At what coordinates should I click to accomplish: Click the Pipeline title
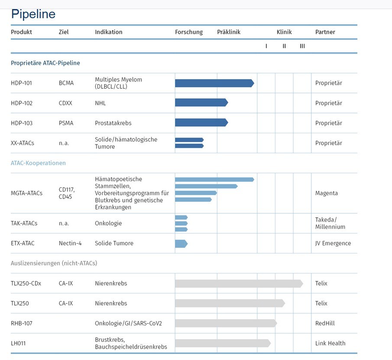(33, 14)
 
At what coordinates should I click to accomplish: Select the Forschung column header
(189, 32)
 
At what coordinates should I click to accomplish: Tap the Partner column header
(325, 32)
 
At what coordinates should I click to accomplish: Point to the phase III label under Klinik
(302, 46)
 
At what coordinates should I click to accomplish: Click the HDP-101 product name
(22, 83)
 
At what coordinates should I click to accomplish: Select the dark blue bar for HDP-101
(214, 83)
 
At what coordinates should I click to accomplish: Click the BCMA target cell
(66, 83)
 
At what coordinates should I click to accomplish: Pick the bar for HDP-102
(201, 103)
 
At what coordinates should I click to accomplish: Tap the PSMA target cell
(66, 123)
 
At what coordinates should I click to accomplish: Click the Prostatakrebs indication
(113, 123)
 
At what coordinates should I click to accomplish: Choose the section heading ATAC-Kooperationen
(38, 163)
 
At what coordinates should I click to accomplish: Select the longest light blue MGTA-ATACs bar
(214, 180)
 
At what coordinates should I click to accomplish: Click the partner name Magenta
(327, 193)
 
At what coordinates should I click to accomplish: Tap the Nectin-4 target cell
(70, 243)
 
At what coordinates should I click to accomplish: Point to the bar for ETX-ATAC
(181, 244)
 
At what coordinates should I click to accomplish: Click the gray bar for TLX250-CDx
(238, 283)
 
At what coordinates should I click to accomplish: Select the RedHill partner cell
(325, 323)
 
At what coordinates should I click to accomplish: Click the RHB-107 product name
(22, 323)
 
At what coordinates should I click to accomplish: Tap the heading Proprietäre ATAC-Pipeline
(45, 63)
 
